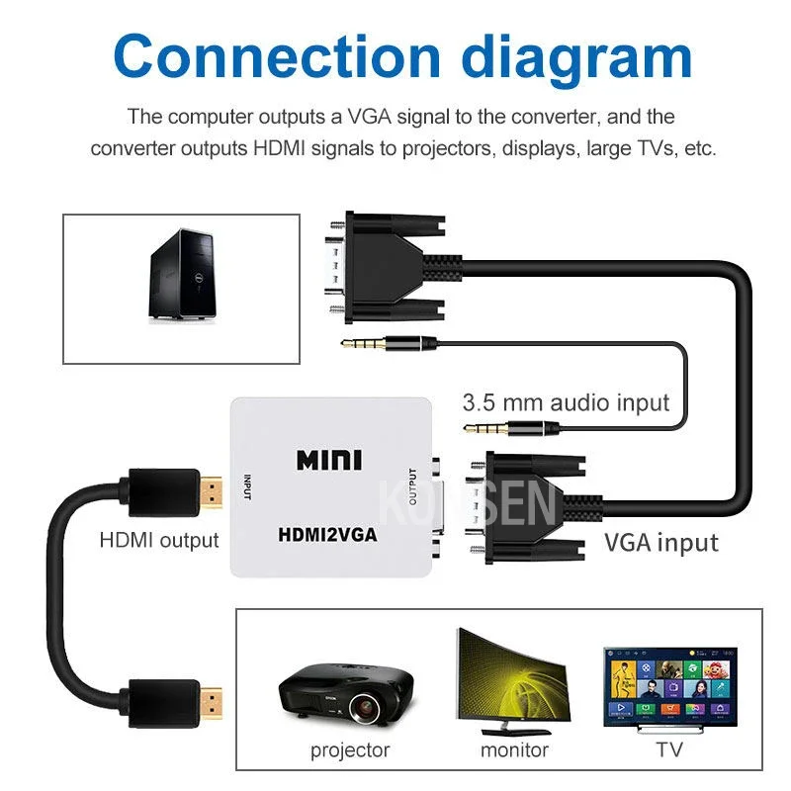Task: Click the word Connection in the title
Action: (277, 56)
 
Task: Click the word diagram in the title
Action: (576, 60)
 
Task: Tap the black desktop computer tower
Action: (183, 275)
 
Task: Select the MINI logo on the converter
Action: (329, 460)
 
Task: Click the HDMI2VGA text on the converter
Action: (327, 535)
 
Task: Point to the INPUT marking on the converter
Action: (247, 487)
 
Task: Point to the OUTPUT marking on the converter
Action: (412, 486)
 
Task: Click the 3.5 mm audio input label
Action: (566, 403)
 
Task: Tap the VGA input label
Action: (661, 543)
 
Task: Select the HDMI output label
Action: (159, 540)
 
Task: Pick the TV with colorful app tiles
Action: (670, 688)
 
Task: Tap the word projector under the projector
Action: (350, 750)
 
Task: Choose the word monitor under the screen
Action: (514, 750)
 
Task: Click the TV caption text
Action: (669, 749)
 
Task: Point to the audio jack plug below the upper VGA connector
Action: (389, 344)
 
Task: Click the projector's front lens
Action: (363, 707)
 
